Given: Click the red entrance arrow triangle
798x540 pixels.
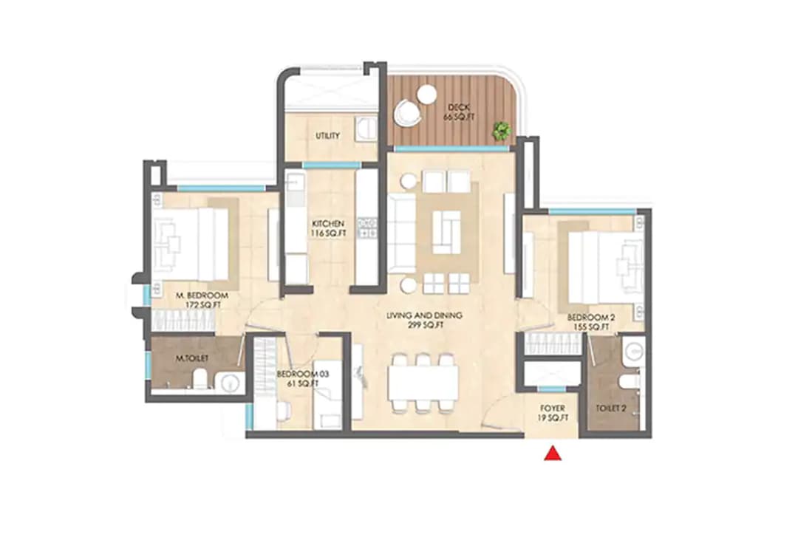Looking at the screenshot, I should (x=552, y=454).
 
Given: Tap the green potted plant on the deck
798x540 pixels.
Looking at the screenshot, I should (x=502, y=131).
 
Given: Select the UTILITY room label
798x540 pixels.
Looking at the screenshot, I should (x=327, y=136).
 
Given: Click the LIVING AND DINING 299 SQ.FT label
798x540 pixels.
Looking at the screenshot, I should (x=424, y=320).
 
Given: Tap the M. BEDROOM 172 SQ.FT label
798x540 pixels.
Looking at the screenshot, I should (x=202, y=300).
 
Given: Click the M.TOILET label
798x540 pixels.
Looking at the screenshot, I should (x=192, y=358).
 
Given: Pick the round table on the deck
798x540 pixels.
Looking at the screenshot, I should (x=426, y=95).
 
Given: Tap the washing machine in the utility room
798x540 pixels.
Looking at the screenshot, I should (x=364, y=130).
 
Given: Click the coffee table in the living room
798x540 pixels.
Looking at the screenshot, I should (x=446, y=232).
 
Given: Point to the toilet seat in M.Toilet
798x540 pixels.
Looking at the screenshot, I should (x=199, y=380).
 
